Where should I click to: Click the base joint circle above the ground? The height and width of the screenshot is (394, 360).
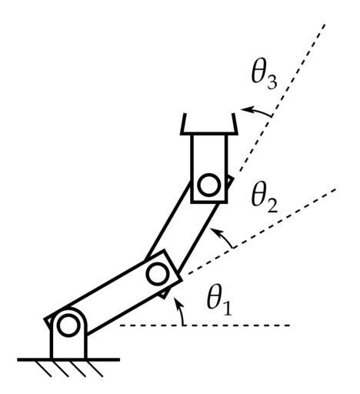pyautogui.click(x=68, y=326)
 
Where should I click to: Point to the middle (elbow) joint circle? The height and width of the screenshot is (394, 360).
pyautogui.click(x=158, y=274)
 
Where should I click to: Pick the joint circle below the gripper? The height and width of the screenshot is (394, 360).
pyautogui.click(x=209, y=185)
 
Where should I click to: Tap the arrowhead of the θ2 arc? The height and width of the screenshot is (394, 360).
pyautogui.click(x=214, y=230)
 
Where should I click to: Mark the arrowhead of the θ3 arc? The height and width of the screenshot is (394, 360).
pyautogui.click(x=245, y=109)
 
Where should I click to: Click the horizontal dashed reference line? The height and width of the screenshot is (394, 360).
pyautogui.click(x=205, y=326)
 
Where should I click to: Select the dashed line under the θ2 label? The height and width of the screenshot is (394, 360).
pyautogui.click(x=259, y=232)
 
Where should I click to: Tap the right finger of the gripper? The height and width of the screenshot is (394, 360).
pyautogui.click(x=235, y=123)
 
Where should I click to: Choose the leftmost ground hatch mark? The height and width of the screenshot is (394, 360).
pyautogui.click(x=43, y=369)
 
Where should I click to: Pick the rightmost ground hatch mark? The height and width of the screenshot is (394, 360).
pyautogui.click(x=95, y=369)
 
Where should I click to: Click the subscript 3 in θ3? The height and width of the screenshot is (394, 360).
pyautogui.click(x=272, y=82)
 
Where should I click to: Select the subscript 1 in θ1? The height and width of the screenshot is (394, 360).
pyautogui.click(x=227, y=309)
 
